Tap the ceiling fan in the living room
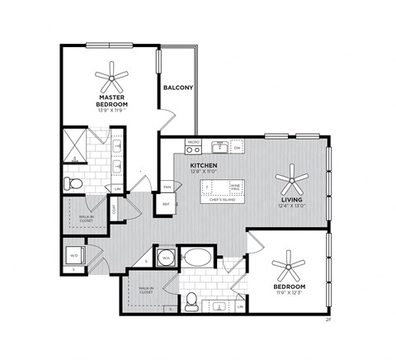291,177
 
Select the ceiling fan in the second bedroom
290,268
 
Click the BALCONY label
178,88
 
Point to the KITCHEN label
204,165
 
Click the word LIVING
291,200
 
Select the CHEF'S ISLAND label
224,200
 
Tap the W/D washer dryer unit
75,253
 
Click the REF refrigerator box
165,203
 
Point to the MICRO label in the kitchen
193,142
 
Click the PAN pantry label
166,187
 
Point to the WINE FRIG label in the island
234,187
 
